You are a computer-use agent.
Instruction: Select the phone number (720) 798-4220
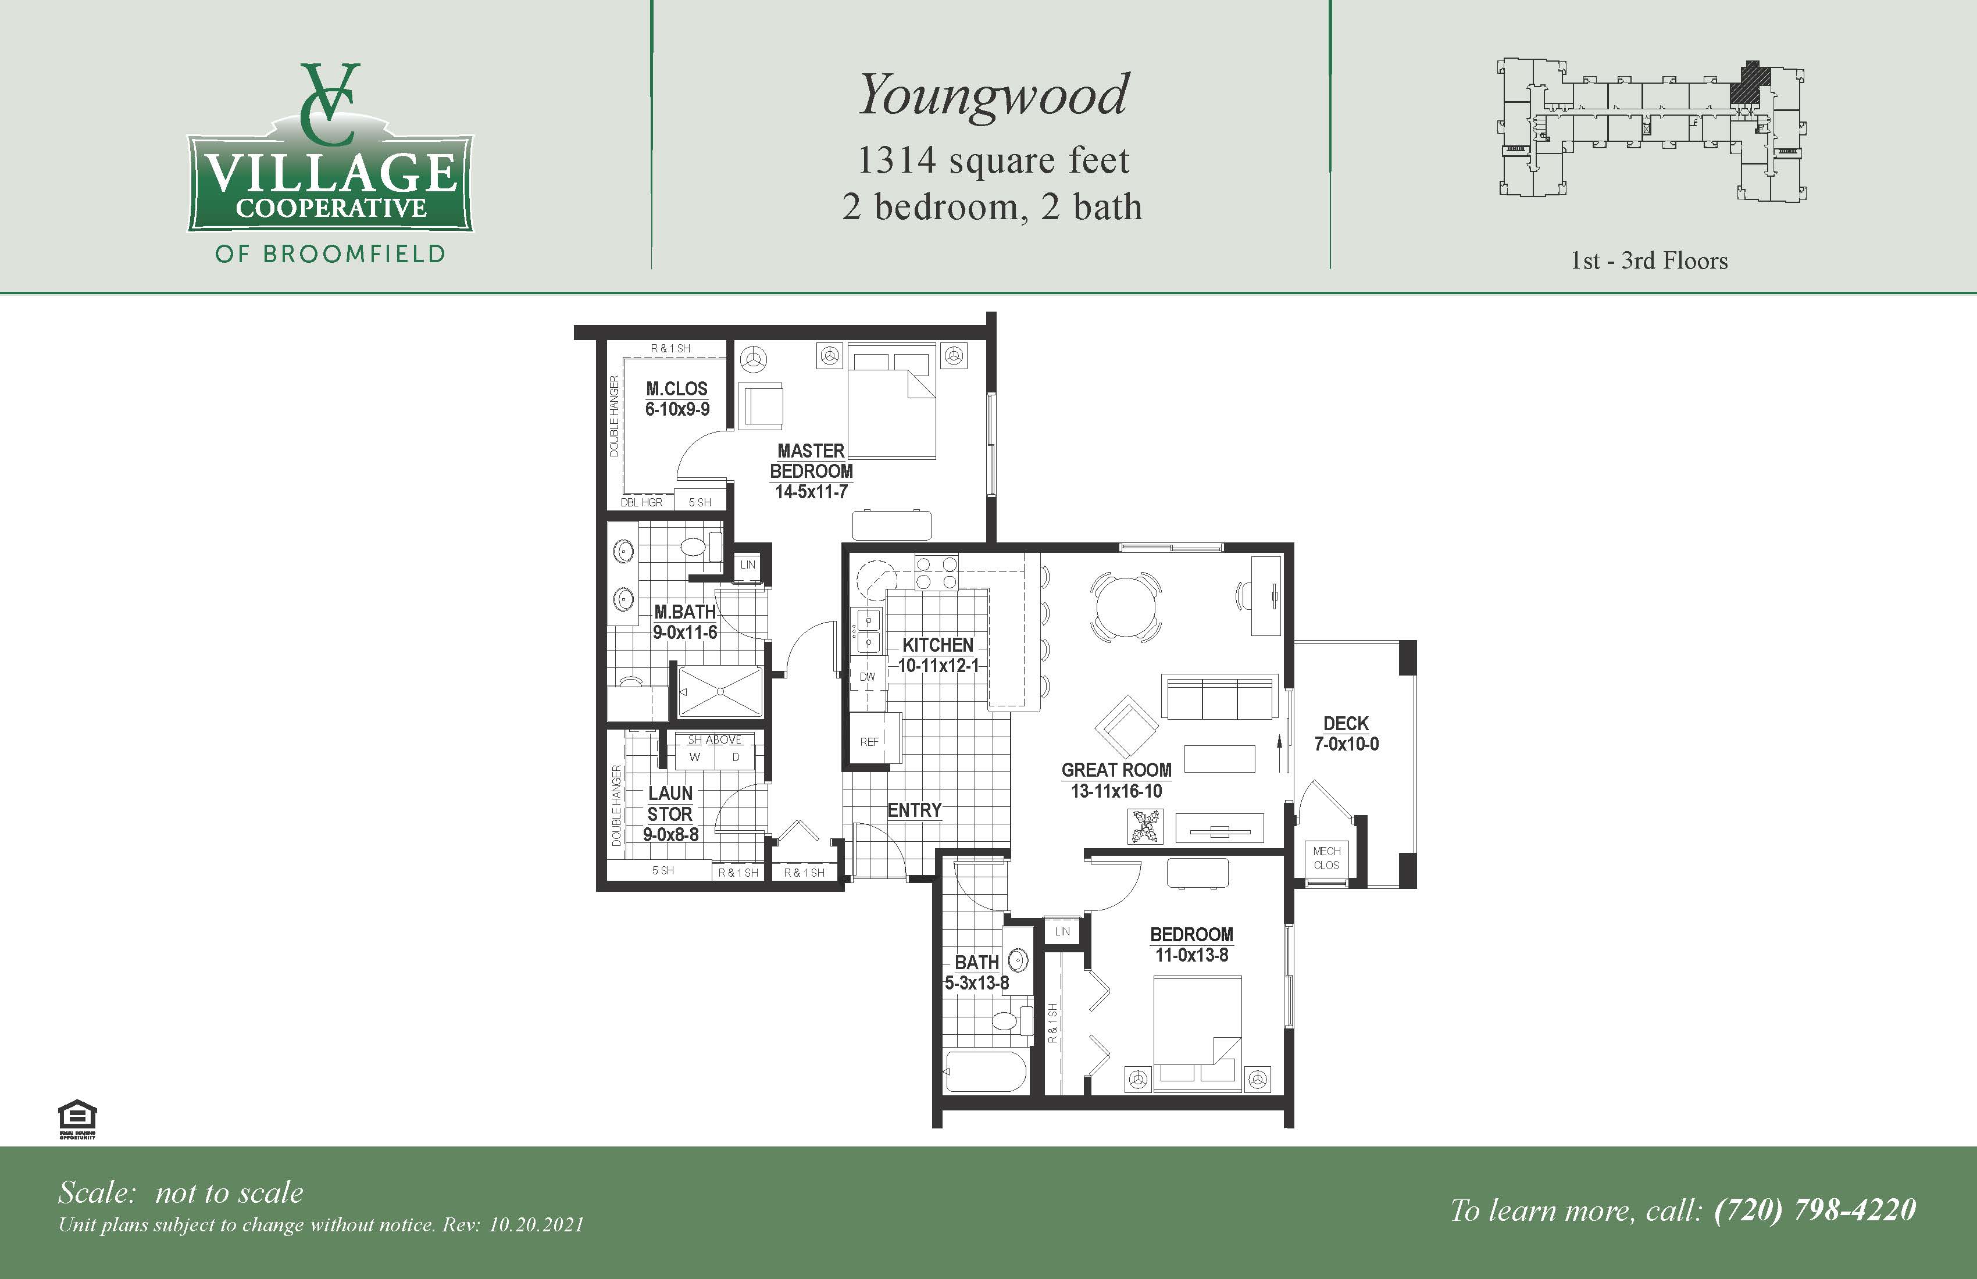pos(1815,1210)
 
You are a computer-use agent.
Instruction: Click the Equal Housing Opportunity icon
pos(77,1117)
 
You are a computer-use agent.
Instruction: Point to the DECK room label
pos(1346,723)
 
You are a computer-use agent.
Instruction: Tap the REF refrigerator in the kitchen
pos(870,741)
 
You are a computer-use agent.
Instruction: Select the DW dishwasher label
pos(867,677)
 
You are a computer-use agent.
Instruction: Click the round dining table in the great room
pos(1126,606)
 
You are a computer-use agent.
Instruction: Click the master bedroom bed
pos(891,401)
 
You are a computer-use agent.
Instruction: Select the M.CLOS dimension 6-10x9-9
pos(677,409)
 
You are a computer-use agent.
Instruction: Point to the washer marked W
pos(694,756)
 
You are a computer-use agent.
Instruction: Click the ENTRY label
pos(913,810)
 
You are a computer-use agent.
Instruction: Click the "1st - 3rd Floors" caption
pos(1649,261)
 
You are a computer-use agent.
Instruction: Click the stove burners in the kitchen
pos(936,572)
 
